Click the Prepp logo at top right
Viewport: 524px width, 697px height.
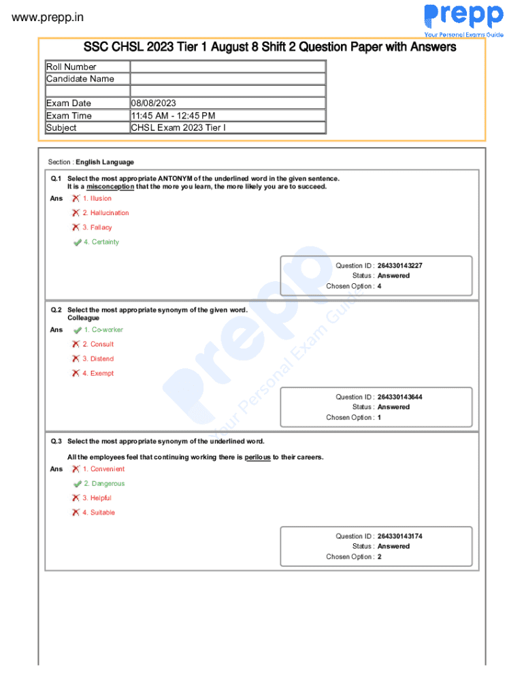coord(463,17)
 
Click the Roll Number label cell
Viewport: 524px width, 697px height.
coord(71,67)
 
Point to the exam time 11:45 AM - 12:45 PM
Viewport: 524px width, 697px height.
coord(173,116)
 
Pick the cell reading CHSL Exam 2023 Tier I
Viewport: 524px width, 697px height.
coord(178,128)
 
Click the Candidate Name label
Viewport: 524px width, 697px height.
coord(80,79)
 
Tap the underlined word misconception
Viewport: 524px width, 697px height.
coord(110,187)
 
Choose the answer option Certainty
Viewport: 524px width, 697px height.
coord(105,242)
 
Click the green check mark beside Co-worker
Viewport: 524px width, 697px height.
coord(77,330)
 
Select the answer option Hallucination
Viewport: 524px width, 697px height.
coord(105,213)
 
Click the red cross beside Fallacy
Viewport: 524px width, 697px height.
coord(76,227)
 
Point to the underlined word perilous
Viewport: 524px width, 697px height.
coord(257,457)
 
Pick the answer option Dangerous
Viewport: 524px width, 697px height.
coord(108,484)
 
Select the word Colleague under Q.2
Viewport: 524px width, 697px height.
coord(83,319)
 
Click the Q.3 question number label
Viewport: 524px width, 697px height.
coord(56,442)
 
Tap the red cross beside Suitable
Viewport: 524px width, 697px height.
coord(76,513)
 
